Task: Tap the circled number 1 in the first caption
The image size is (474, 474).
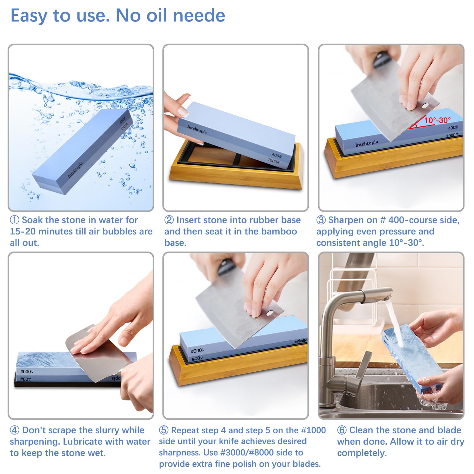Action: tap(15, 220)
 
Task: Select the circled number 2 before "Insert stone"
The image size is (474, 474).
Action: tap(169, 220)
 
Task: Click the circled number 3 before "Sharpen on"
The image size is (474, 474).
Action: tap(321, 220)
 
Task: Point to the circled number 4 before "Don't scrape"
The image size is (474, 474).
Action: tap(15, 430)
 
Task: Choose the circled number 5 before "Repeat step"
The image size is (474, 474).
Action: tap(164, 430)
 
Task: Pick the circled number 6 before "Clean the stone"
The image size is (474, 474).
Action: tap(342, 430)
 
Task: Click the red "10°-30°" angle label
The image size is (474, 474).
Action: tap(437, 120)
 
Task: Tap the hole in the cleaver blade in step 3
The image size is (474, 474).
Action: tap(425, 105)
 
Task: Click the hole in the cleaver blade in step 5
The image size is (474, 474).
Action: tap(270, 313)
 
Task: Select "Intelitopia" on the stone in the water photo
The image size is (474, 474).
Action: tap(75, 170)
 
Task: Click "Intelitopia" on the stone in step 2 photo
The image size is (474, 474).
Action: tap(197, 129)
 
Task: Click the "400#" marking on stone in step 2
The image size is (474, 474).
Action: tap(276, 155)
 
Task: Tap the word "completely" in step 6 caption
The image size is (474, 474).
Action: tap(362, 453)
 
